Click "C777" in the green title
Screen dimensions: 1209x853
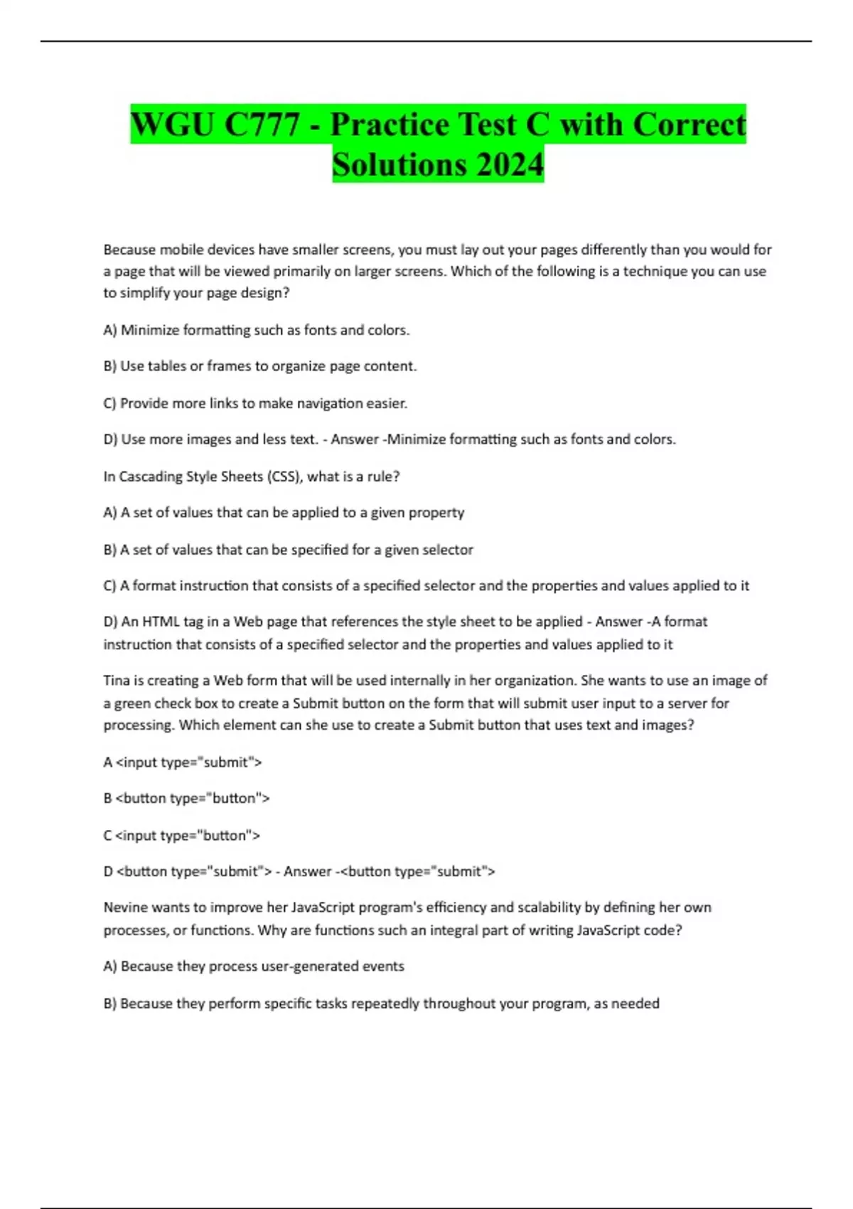(262, 124)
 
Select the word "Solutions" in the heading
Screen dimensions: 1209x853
(399, 164)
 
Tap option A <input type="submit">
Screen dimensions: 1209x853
(183, 762)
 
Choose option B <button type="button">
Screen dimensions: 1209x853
(186, 799)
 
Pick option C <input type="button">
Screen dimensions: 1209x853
(182, 836)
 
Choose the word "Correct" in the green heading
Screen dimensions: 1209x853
(689, 124)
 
